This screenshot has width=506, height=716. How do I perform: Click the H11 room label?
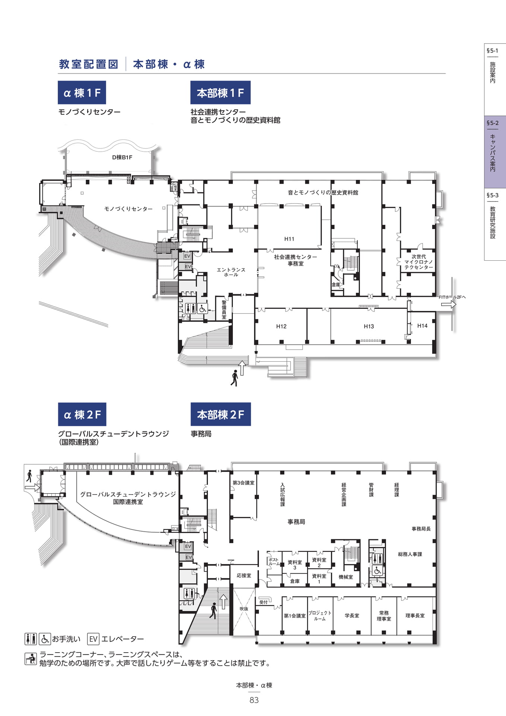click(289, 239)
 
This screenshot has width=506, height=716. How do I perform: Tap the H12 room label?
click(281, 326)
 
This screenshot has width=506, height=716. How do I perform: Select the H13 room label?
click(369, 326)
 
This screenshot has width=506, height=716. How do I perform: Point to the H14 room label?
click(422, 326)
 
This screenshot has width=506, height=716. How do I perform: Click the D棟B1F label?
click(122, 157)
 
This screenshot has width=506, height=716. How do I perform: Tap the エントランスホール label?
click(231, 272)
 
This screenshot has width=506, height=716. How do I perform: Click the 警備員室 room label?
click(224, 310)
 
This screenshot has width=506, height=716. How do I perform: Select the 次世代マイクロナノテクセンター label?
click(419, 262)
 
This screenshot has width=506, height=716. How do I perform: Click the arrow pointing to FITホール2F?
click(449, 304)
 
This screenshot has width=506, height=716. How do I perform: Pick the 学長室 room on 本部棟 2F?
click(352, 615)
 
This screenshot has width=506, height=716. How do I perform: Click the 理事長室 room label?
click(415, 615)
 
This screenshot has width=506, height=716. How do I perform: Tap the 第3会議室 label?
click(244, 483)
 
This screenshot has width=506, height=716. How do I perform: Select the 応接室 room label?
click(244, 575)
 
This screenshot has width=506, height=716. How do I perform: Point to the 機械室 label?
click(346, 577)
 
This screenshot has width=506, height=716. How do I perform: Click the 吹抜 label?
click(244, 609)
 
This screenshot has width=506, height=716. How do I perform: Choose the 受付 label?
click(263, 602)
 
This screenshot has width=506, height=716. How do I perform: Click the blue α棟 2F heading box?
click(82, 414)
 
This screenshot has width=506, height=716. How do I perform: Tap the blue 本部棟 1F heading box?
click(221, 92)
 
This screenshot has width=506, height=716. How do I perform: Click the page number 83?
click(254, 700)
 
